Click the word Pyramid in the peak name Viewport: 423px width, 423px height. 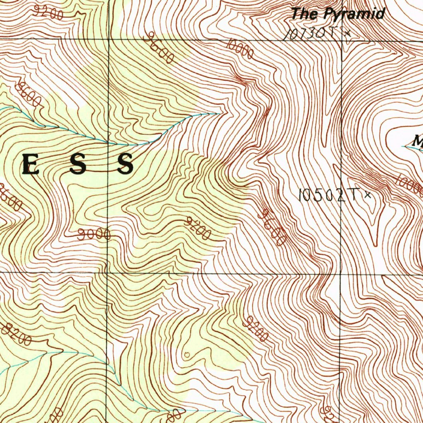354,14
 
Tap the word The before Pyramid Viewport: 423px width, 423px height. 305,14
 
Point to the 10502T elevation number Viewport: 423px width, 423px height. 328,195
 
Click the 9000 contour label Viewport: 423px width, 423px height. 94,235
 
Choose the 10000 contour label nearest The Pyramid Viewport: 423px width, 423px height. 240,49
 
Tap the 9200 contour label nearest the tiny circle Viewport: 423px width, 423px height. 255,329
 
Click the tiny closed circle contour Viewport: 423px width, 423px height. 187,354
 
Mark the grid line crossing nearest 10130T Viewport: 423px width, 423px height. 342,40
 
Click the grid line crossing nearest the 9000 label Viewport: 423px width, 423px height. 107,273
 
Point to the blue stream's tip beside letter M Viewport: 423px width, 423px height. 403,146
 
